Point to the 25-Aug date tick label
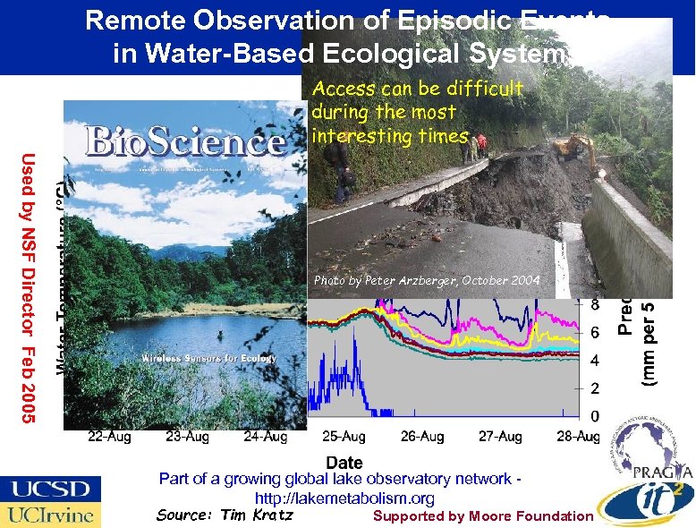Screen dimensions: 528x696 pyautogui.click(x=344, y=437)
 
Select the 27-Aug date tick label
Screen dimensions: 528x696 pyautogui.click(x=500, y=437)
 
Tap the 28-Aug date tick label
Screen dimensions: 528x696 pyautogui.click(x=578, y=437)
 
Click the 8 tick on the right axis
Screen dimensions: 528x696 pyautogui.click(x=594, y=304)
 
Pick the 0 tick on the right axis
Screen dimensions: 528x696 pyautogui.click(x=594, y=416)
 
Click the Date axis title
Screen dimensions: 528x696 pyautogui.click(x=344, y=462)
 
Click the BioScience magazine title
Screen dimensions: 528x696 pyautogui.click(x=186, y=143)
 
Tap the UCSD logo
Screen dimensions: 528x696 pyautogui.click(x=50, y=490)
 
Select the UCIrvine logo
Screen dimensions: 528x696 pyautogui.click(x=50, y=515)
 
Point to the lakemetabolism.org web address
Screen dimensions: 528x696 pyautogui.click(x=344, y=498)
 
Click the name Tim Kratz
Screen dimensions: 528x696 pyautogui.click(x=254, y=515)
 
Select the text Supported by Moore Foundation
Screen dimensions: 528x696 pyautogui.click(x=482, y=515)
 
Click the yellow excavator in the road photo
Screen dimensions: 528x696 pyautogui.click(x=573, y=143)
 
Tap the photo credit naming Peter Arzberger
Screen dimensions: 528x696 pyautogui.click(x=427, y=281)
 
